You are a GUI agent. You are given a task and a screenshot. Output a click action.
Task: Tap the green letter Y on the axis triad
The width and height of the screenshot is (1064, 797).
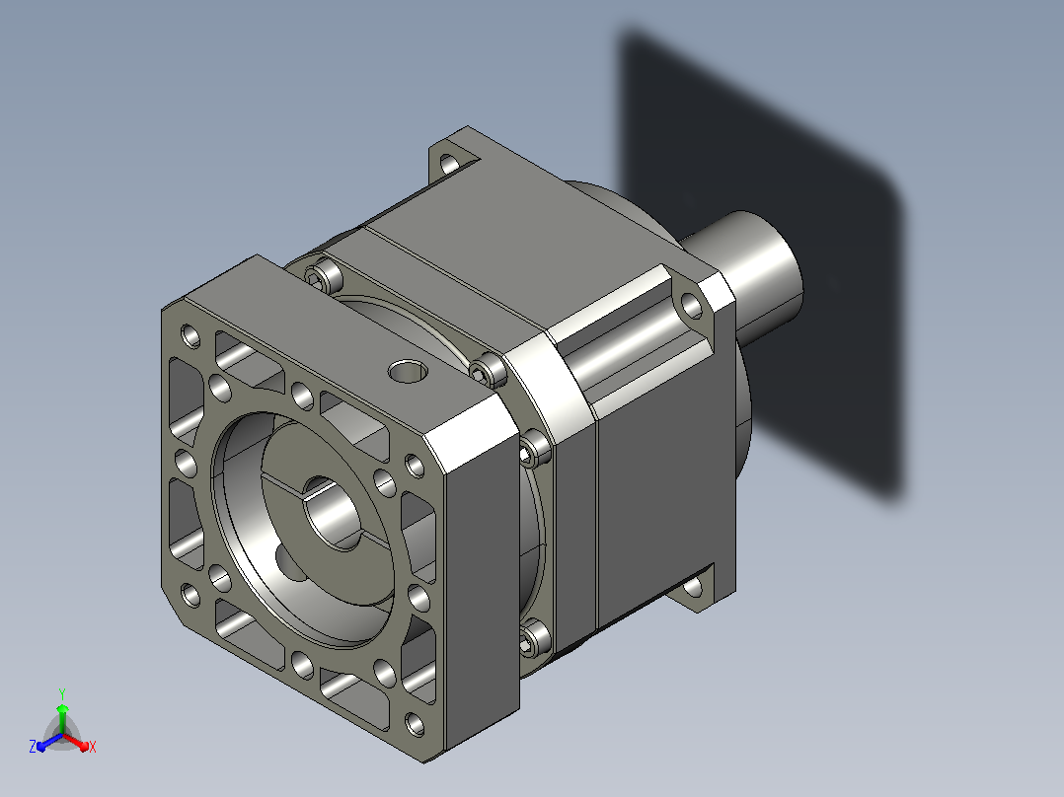pos(62,693)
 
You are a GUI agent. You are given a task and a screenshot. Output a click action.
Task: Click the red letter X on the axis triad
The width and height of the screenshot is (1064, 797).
pos(93,747)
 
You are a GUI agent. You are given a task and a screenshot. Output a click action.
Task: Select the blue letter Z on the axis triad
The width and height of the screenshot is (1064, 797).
pos(33,746)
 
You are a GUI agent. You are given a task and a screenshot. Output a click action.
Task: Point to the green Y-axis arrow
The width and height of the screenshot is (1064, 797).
pos(62,718)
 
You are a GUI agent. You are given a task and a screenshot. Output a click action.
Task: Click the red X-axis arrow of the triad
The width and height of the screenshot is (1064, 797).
pos(75,742)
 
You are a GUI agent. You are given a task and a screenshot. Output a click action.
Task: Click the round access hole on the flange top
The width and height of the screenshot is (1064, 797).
pos(409,371)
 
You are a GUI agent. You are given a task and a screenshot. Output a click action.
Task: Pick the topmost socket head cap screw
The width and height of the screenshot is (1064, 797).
pos(325,276)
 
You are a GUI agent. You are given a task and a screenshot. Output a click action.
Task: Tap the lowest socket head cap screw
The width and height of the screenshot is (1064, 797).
pos(535,638)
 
